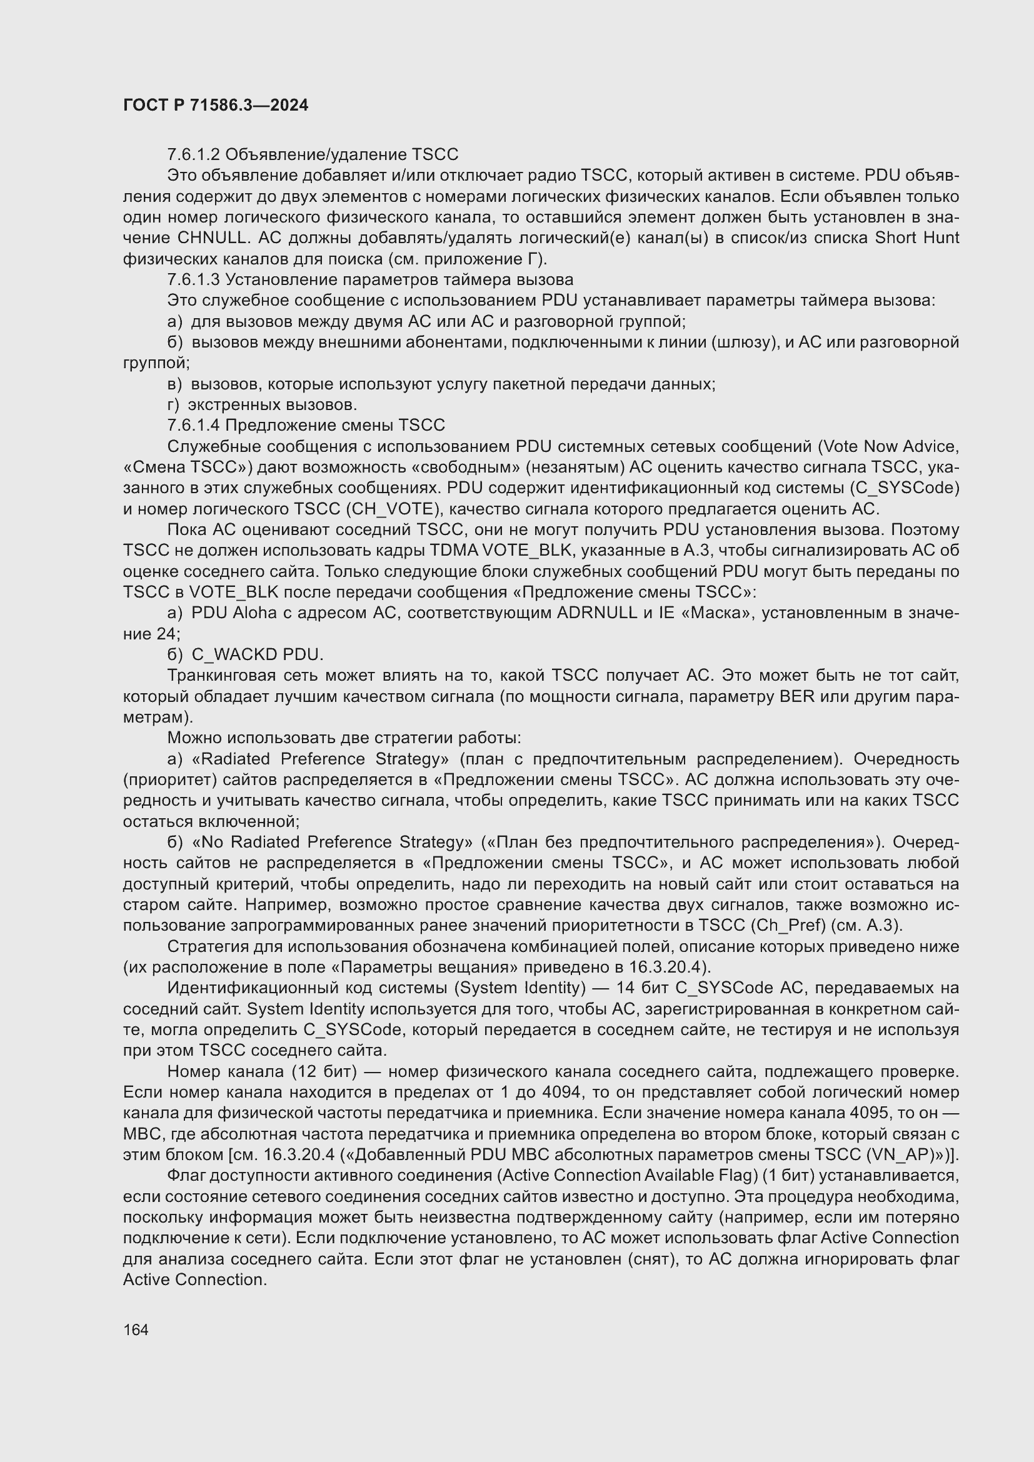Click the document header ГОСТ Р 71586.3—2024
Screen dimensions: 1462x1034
click(x=215, y=105)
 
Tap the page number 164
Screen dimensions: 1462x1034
click(x=136, y=1329)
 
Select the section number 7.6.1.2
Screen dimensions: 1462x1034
click(x=194, y=155)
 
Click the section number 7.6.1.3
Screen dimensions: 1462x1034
click(x=194, y=279)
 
